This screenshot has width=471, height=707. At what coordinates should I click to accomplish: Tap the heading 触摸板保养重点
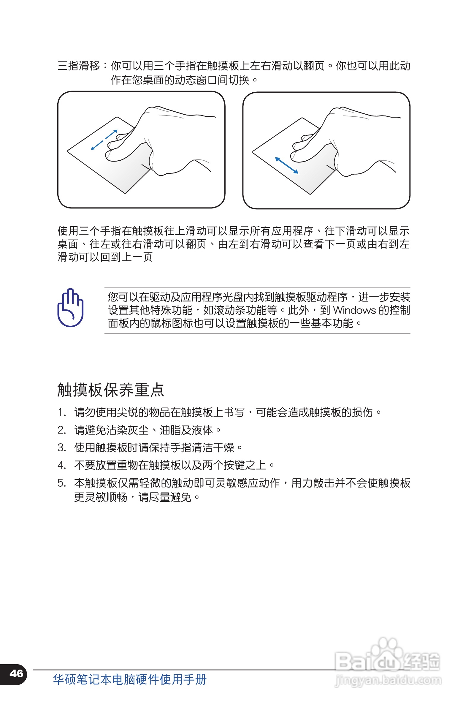point(110,390)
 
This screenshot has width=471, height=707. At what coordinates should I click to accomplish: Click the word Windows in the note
point(354,310)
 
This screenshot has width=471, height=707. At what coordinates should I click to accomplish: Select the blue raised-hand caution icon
point(70,308)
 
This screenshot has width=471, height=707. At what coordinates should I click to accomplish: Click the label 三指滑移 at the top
point(79,66)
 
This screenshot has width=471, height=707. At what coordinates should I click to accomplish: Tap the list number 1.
point(61,412)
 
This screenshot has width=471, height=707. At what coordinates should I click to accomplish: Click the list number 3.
point(61,448)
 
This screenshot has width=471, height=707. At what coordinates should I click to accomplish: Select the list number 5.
point(61,483)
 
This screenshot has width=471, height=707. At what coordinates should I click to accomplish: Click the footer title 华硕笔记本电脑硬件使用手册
point(130,679)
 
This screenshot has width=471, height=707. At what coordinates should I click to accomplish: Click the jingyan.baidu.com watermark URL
point(388,680)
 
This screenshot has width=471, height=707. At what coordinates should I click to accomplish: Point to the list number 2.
point(61,430)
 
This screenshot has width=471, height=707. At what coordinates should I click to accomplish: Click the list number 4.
point(61,465)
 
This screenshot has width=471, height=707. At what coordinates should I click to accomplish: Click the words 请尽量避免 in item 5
point(165,497)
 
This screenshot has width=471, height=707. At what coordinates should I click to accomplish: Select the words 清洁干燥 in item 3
point(213,448)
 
